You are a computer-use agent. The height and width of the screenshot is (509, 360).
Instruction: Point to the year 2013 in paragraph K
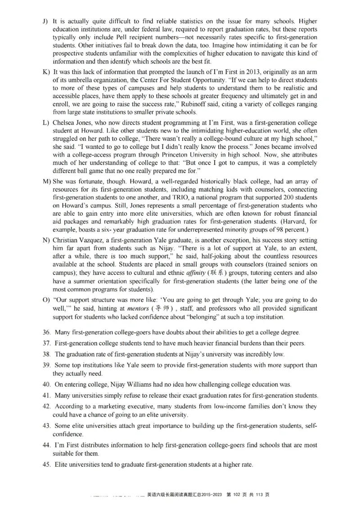pyautogui.click(x=217, y=72)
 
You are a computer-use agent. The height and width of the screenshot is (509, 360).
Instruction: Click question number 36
pyautogui.click(x=46, y=332)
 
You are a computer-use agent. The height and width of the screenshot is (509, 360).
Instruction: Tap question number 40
pyautogui.click(x=46, y=384)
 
